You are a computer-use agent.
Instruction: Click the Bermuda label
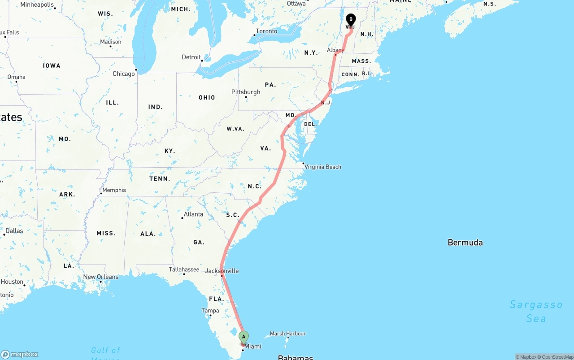pos(465,243)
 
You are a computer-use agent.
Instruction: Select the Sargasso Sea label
pos(536,311)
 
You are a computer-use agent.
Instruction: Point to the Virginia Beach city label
pos(323,167)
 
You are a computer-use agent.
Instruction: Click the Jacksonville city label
pos(222,271)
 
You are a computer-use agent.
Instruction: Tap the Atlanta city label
pos(193,214)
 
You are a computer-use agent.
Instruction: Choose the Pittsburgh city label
pos(246,92)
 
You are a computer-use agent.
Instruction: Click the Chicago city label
pos(124,74)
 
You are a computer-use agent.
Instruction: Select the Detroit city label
pos(191,57)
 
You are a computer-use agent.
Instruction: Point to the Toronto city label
pos(266,31)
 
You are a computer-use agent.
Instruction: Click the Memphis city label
pos(114,190)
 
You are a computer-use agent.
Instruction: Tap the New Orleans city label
pos(101,277)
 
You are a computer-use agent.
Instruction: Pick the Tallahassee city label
pos(184,269)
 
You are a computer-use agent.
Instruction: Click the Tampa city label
pos(210,311)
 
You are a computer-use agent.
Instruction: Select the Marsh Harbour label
pos(288,334)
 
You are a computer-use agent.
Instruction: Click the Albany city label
pos(335,50)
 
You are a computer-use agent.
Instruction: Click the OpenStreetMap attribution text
pos(555,357)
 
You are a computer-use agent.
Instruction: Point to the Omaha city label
pos(17,77)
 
